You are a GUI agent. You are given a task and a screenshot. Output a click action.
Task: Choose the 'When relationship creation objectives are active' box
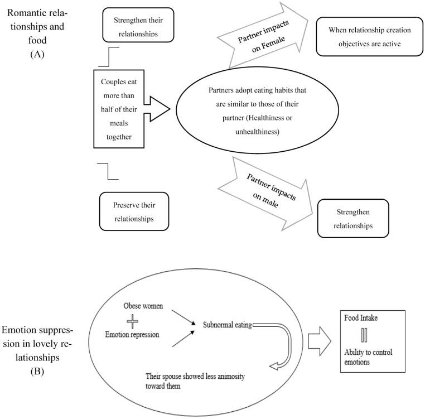point(367,37)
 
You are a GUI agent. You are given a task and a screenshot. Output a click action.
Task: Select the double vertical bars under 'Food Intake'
point(364,334)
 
